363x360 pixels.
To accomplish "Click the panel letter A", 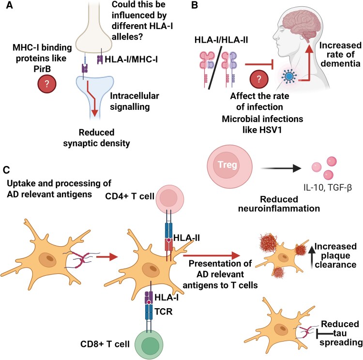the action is coord(9,5).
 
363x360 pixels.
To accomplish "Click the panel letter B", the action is coord(195,5).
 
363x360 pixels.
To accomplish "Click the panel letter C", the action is coord(6,170).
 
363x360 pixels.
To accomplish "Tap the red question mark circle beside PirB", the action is coord(47,84).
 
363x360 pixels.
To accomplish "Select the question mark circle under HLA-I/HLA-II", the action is coord(259,79).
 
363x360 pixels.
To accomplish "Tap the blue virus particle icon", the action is coord(289,76).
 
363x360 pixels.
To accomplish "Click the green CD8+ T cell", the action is coord(149,344).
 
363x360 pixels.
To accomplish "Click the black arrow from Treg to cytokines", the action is coord(281,168).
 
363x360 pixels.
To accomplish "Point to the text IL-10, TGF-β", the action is coord(328,187).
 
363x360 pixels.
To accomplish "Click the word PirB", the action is coord(42,69).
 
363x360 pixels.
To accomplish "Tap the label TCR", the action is coord(164,312).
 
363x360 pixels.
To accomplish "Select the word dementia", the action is coord(340,63).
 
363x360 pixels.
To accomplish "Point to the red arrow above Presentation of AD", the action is coord(212,255).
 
